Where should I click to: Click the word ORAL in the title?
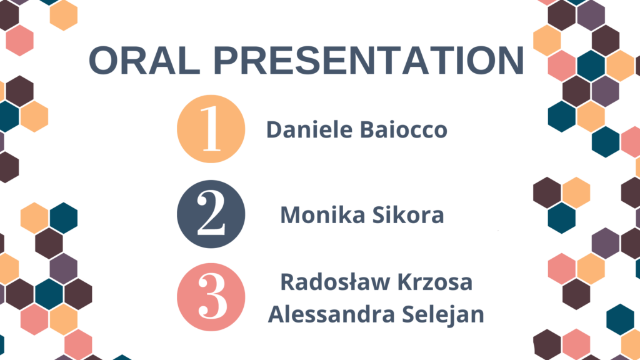(x=144, y=61)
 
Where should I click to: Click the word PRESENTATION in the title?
(x=369, y=61)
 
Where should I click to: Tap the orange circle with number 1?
(x=211, y=129)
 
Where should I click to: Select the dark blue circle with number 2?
(x=211, y=214)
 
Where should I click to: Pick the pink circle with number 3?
(x=211, y=297)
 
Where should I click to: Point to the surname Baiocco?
(x=404, y=129)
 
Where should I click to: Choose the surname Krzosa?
(x=435, y=282)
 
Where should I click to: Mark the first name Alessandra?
(x=331, y=314)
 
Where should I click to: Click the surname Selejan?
(x=443, y=315)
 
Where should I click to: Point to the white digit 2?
(x=211, y=214)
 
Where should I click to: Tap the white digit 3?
(x=212, y=296)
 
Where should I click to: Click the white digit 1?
(x=211, y=129)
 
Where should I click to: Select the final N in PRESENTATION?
(x=510, y=61)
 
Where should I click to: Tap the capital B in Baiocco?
(x=367, y=129)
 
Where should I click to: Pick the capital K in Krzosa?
(x=405, y=282)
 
